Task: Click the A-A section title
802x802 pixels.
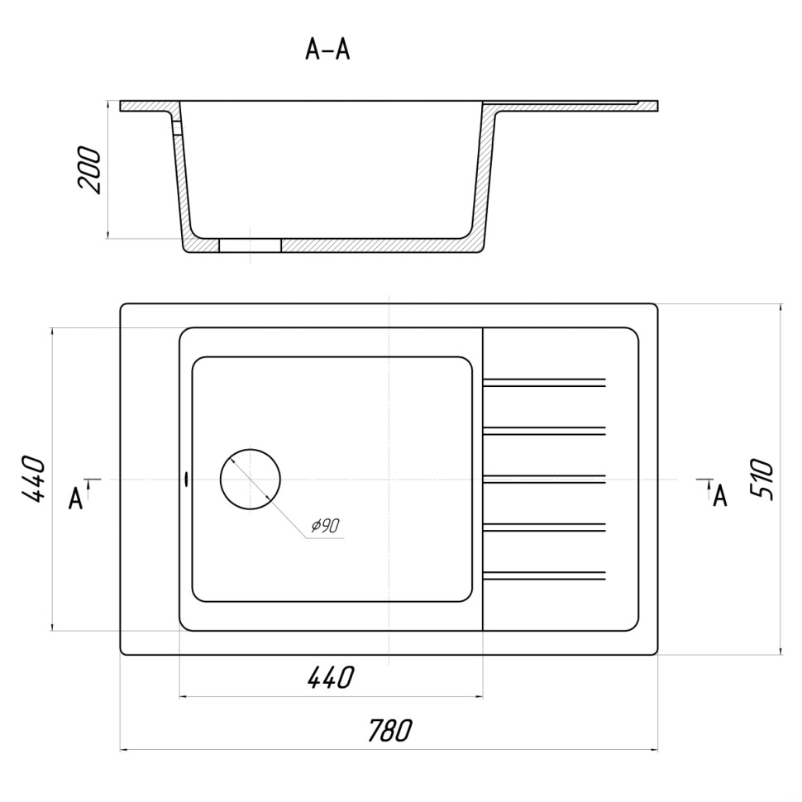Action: (327, 50)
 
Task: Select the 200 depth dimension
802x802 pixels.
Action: (90, 169)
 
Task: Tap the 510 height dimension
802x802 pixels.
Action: (761, 480)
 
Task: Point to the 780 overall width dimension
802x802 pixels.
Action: (389, 730)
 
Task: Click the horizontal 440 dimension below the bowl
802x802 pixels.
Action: (331, 677)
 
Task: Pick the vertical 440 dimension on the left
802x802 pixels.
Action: (34, 479)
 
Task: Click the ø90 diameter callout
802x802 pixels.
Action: (325, 525)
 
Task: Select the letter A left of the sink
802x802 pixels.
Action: (76, 499)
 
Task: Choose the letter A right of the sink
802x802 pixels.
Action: (720, 495)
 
